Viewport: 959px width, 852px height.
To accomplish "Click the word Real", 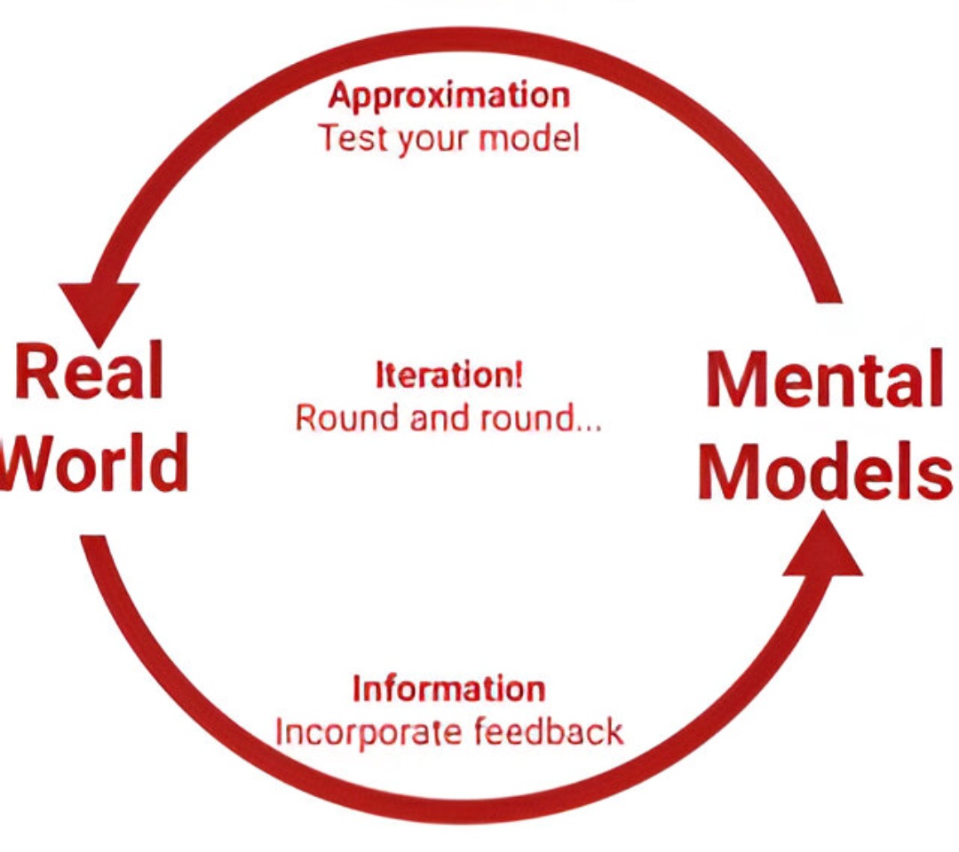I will (x=89, y=373).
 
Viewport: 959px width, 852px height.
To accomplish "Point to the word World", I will (x=93, y=461).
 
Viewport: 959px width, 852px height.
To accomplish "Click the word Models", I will (x=824, y=469).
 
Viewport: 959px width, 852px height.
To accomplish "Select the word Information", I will (x=448, y=690).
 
